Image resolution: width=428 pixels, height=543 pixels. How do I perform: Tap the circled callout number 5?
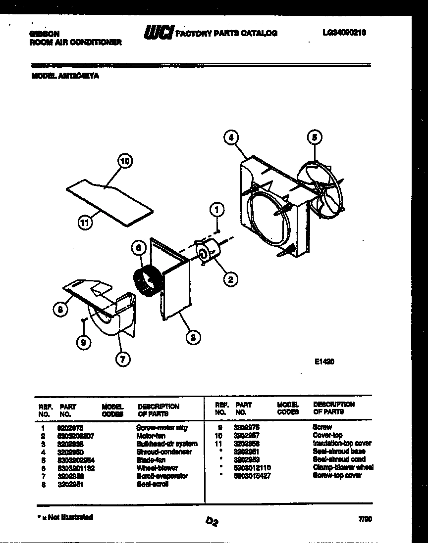click(314, 137)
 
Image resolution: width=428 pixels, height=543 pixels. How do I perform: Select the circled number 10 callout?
click(125, 161)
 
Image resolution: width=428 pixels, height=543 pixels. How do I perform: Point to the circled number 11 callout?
click(86, 223)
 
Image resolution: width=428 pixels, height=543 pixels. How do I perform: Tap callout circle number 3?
click(193, 338)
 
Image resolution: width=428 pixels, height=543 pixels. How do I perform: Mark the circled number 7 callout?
click(121, 360)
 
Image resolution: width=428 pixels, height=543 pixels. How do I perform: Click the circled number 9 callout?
click(83, 342)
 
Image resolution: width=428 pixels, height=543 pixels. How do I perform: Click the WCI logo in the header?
click(159, 33)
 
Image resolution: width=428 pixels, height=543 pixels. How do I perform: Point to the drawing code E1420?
click(324, 362)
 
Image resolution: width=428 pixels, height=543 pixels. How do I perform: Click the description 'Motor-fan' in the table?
click(151, 436)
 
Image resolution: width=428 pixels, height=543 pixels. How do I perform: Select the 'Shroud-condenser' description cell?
click(164, 452)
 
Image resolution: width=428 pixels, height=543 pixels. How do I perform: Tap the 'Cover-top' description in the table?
click(327, 435)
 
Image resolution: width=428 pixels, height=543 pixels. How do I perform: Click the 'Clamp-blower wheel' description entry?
click(343, 467)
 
